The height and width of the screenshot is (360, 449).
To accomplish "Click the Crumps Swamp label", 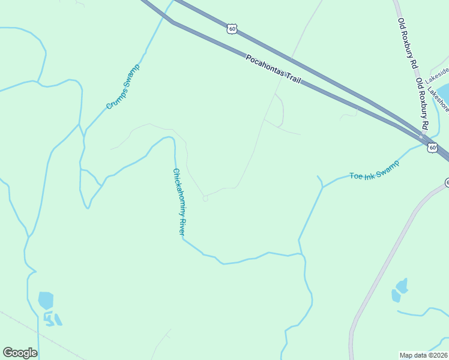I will point(123,87).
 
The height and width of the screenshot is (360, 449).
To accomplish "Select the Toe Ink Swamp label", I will point(375,169).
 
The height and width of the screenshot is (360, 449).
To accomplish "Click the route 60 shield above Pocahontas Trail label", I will point(233,28).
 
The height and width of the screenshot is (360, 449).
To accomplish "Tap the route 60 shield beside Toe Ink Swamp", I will point(432,147).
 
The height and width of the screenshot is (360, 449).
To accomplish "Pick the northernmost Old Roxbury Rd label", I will point(408,42).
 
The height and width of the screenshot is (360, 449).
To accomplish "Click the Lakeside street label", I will point(437,74).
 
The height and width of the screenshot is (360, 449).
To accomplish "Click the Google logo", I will point(20,353).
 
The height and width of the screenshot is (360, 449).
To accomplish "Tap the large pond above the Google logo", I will point(46,300).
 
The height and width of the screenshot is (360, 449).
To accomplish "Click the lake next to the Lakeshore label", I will point(444,92).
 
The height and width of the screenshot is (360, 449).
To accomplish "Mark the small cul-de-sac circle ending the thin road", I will point(205,198).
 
